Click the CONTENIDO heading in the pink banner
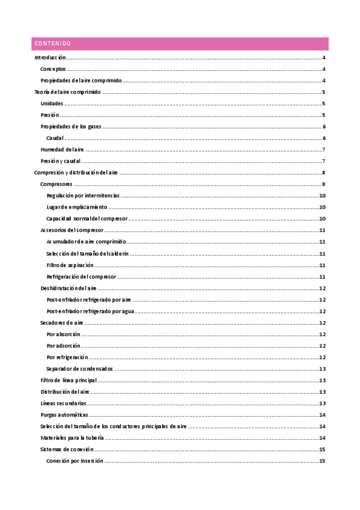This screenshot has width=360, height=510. coord(53,44)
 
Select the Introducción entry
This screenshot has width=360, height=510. coord(50,58)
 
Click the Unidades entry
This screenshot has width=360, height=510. coord(52,103)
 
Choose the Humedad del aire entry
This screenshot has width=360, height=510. coord(62,150)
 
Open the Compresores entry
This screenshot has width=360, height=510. coord(56,184)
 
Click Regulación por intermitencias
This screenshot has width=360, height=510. coord(83,195)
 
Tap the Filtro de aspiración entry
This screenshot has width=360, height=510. coord(70,265)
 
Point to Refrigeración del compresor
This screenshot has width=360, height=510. coord(81,277)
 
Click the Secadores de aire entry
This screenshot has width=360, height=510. coord(61,323)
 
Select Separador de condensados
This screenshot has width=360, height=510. coord(79,369)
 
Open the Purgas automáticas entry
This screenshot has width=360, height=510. coord(64,415)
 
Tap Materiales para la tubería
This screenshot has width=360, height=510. coord(72,438)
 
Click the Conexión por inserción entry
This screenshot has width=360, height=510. coord(75,461)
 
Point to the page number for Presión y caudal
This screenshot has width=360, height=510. coord(323,161)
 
